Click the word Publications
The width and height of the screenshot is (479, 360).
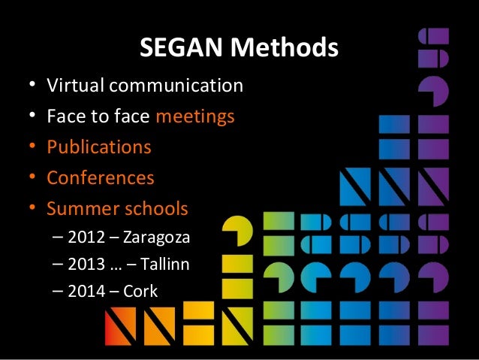[99, 147]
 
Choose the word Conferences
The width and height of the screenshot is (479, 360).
[101, 178]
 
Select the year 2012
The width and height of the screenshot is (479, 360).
[86, 239]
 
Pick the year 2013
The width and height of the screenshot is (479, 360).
[86, 265]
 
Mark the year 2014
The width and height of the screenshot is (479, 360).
[86, 291]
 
